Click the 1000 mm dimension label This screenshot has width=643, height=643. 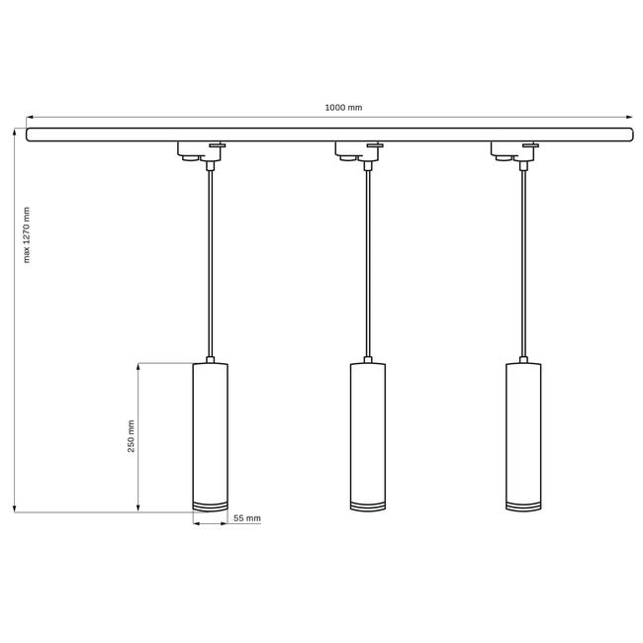click(x=343, y=108)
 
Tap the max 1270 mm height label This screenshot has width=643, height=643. click(x=27, y=234)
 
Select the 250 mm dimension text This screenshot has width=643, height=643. click(x=131, y=436)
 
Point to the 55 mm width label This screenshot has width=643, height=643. click(x=247, y=518)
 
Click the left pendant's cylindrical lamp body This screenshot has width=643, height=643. click(x=211, y=437)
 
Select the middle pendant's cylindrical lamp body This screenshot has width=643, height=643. click(x=368, y=437)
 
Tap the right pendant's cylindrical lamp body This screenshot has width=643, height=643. click(x=523, y=437)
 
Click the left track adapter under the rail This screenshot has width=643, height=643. click(x=202, y=151)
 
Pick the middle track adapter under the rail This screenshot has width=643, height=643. click(x=359, y=151)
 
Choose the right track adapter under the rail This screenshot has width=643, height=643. click(x=514, y=151)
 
